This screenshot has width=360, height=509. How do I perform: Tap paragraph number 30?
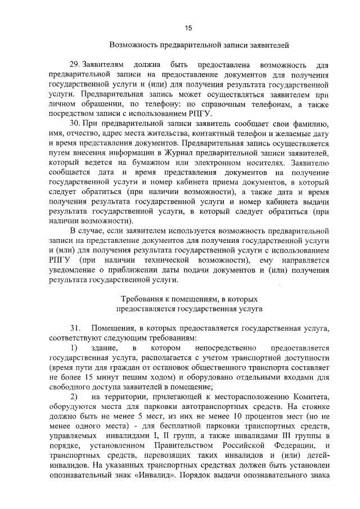click(75, 123)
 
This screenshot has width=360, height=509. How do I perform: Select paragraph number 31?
click(75, 327)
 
